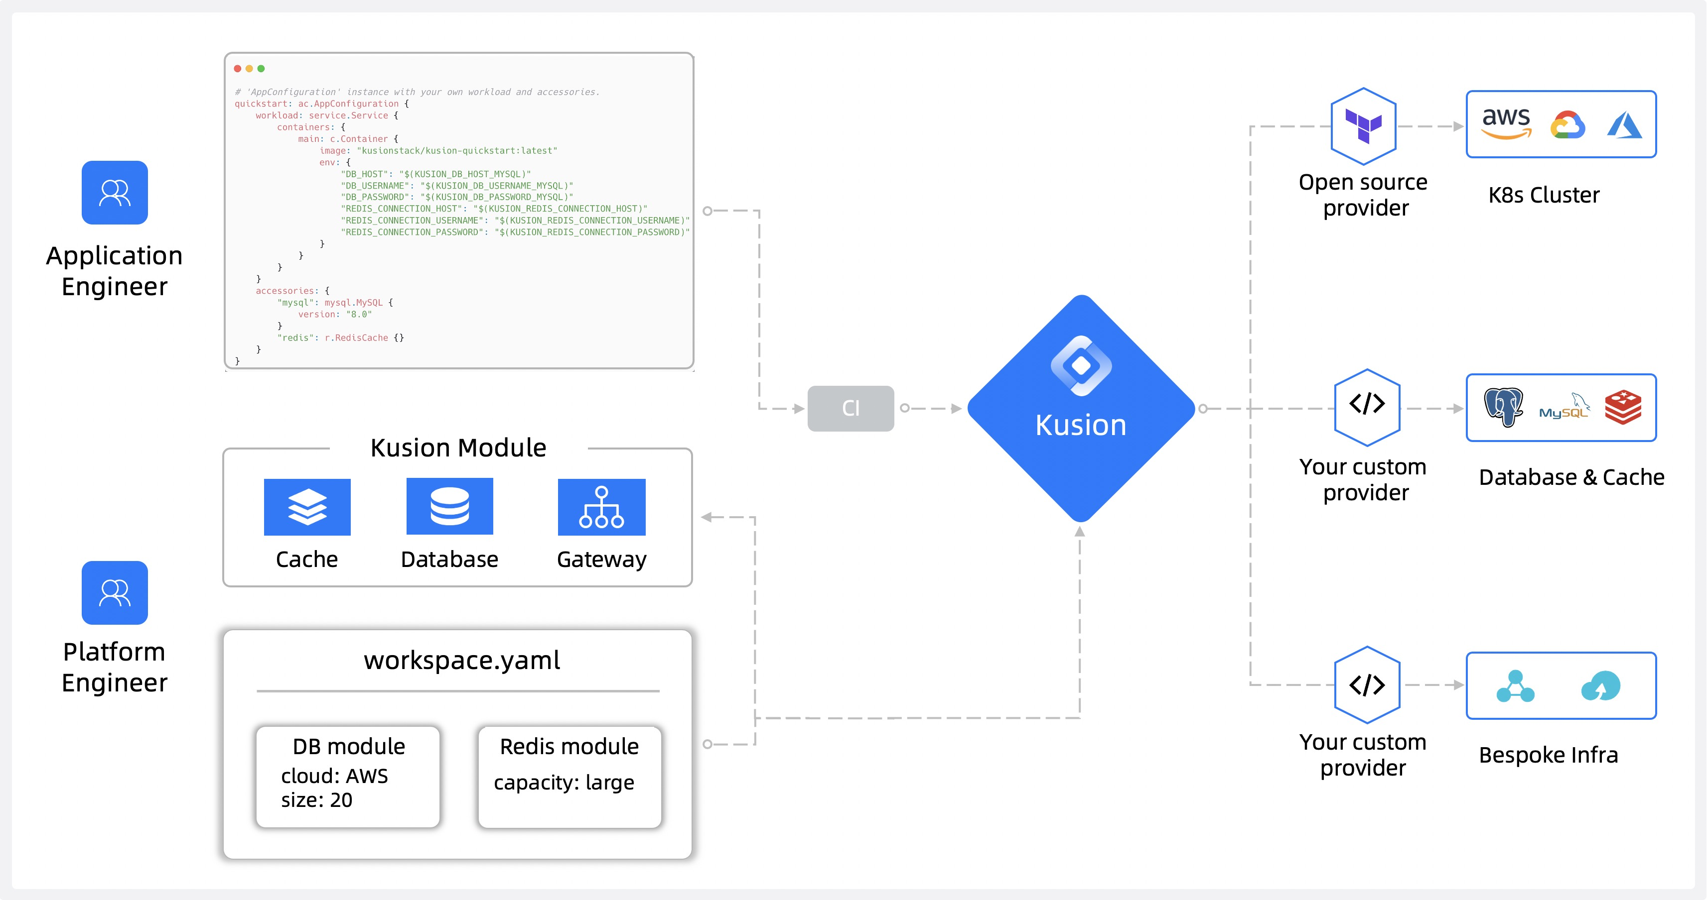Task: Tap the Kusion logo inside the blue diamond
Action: (1081, 365)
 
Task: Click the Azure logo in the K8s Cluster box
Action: (1624, 124)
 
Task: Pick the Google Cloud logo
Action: (1567, 124)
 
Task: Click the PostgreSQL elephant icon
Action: (1504, 407)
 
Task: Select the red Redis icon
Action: (1623, 407)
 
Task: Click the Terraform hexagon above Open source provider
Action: (1363, 126)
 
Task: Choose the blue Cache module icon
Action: (307, 507)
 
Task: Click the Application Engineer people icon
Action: (115, 193)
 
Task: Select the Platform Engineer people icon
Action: (115, 593)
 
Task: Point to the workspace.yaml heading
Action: (462, 660)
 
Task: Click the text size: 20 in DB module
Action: (317, 800)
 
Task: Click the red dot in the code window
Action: (237, 69)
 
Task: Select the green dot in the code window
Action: (261, 69)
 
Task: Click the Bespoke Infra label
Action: (1548, 755)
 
